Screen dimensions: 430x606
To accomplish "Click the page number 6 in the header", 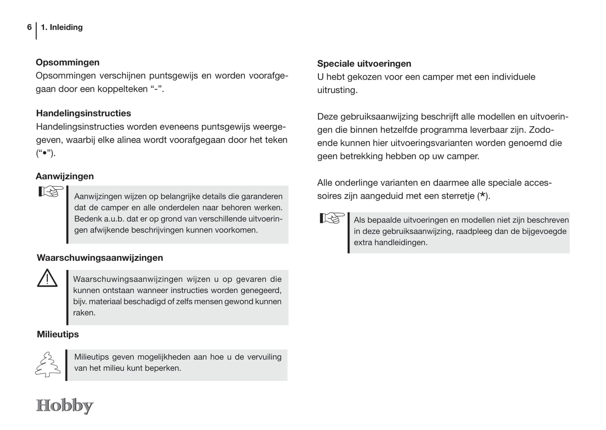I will [x=29, y=27].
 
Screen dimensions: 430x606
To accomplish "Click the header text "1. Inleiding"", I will [x=62, y=27].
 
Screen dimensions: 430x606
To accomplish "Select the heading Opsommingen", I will [x=68, y=62].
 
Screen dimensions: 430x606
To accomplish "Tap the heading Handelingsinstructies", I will [x=83, y=113].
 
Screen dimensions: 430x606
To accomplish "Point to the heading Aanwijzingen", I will [x=65, y=176].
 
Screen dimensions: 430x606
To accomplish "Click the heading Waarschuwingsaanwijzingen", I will [x=100, y=258].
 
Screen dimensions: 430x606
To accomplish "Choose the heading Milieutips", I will [x=58, y=334].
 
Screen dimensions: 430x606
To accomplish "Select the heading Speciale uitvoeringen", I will [x=364, y=64].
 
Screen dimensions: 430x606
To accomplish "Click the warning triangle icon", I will [x=47, y=278].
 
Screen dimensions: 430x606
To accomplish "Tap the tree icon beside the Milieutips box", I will [x=47, y=365].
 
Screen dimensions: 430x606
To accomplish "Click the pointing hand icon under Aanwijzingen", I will [x=50, y=192].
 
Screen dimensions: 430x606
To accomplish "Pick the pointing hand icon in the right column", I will [x=332, y=218].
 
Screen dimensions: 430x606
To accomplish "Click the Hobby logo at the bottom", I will [x=65, y=406].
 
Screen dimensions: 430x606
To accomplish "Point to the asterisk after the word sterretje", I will [x=484, y=195].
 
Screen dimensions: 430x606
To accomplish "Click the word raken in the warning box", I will [x=84, y=313].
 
